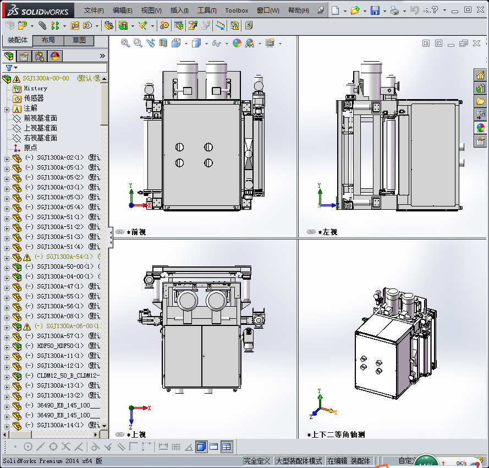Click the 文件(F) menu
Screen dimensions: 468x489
point(94,10)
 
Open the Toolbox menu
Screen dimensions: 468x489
point(237,10)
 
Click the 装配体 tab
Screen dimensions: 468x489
point(18,40)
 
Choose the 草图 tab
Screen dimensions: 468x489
point(79,40)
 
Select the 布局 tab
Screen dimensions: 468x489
point(48,40)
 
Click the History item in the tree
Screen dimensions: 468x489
point(35,88)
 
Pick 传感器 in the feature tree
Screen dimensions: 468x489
point(34,98)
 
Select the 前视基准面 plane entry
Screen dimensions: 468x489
point(40,118)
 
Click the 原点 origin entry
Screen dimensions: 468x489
point(30,148)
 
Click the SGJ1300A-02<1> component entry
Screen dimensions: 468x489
point(61,157)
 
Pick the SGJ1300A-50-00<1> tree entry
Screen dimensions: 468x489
point(64,266)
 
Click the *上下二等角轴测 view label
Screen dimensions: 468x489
point(339,434)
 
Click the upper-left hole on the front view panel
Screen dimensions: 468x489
point(179,147)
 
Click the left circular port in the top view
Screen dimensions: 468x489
point(188,301)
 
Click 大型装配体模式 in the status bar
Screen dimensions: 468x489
point(298,461)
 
